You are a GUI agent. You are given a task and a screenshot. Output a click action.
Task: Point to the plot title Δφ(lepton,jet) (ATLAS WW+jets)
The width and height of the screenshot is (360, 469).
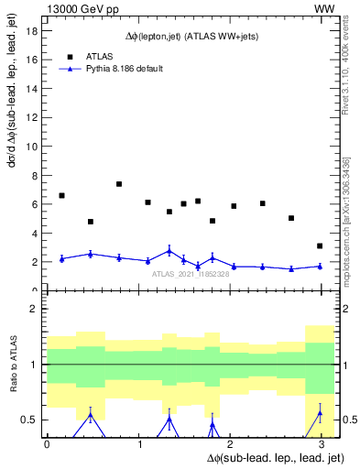(190, 37)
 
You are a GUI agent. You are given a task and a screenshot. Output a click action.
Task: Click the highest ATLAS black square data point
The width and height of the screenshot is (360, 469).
(119, 184)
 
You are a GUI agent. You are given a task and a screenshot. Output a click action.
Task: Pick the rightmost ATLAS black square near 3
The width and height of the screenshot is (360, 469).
(320, 245)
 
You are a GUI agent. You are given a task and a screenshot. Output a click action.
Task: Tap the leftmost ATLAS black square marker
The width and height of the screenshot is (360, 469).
(61, 195)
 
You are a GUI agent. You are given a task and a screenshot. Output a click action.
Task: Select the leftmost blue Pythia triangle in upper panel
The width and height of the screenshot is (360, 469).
(61, 258)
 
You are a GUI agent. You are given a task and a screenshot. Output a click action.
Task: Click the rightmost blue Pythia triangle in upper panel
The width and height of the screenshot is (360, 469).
(320, 267)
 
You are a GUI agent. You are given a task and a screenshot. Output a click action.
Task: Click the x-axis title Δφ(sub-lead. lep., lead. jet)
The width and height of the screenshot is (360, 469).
(274, 457)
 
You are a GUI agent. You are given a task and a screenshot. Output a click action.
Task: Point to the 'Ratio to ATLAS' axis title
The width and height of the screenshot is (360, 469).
(12, 367)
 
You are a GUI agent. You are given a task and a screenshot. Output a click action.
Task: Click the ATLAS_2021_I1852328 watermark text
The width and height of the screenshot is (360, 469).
(190, 273)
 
